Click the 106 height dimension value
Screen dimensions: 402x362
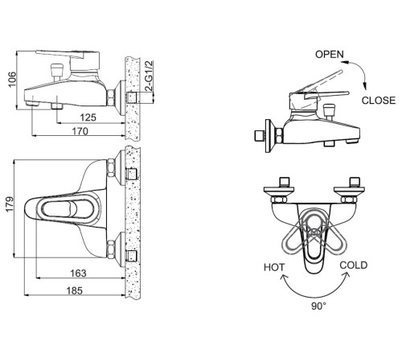click(x=12, y=80)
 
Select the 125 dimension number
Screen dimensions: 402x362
click(x=88, y=117)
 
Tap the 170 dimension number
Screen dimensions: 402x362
click(x=80, y=131)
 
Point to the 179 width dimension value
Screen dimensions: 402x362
click(x=10, y=204)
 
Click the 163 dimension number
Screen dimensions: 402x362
click(x=78, y=274)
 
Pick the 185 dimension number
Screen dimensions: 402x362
click(x=75, y=290)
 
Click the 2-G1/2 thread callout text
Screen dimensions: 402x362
click(x=148, y=76)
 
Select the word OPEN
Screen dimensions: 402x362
click(x=330, y=54)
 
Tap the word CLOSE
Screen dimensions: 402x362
click(x=379, y=101)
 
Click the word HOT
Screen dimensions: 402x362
click(x=274, y=267)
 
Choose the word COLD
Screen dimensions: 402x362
click(x=354, y=265)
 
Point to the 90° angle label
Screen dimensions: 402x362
click(x=319, y=306)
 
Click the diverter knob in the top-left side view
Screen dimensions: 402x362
click(x=57, y=70)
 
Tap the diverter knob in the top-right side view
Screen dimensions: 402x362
click(x=329, y=110)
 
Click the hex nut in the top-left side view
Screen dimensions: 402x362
click(x=111, y=97)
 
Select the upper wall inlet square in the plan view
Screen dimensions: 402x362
click(x=131, y=175)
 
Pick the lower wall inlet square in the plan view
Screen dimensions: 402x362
click(x=131, y=256)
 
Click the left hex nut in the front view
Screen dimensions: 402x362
click(x=279, y=200)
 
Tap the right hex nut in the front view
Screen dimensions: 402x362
click(x=350, y=200)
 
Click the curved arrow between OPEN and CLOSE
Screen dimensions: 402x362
click(x=360, y=70)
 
